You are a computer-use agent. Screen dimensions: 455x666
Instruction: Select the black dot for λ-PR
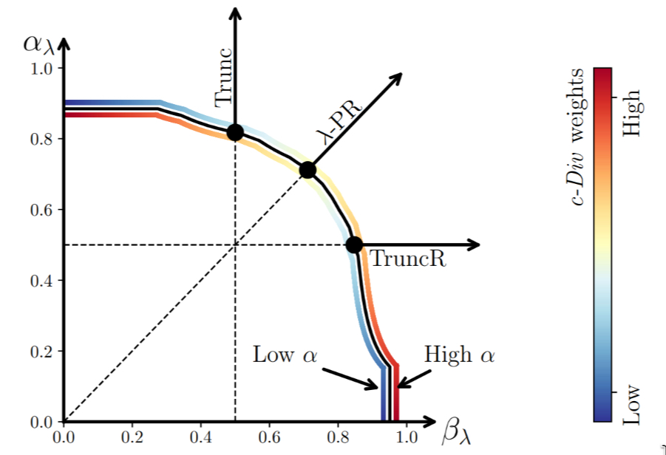click(307, 171)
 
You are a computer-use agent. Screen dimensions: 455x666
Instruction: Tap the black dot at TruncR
click(354, 244)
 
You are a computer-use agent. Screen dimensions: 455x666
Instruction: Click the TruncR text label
click(407, 260)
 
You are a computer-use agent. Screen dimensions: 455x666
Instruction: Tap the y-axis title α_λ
click(38, 44)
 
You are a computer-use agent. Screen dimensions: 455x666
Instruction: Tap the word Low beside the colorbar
click(632, 405)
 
